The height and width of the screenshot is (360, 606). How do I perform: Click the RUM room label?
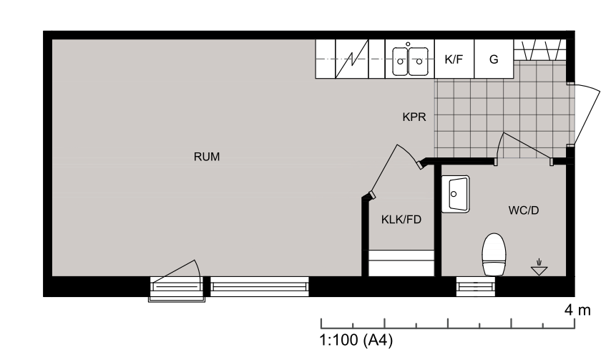pos(206,157)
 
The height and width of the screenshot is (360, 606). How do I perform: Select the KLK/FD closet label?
pos(401,220)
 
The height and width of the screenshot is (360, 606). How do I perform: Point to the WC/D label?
pos(522,211)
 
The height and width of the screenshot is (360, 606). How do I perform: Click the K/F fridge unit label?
pos(454,59)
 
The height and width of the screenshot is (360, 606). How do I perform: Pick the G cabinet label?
pos(494,59)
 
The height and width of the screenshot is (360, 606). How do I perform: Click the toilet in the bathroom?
pos(494,254)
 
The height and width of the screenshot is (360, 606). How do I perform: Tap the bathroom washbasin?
pos(456,193)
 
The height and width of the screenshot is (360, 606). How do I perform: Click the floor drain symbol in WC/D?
pos(539,268)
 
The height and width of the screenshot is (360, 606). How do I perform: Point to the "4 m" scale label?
pos(577,311)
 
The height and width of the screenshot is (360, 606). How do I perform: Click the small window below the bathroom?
pos(476,288)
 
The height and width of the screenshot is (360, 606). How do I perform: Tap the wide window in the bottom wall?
pos(259,287)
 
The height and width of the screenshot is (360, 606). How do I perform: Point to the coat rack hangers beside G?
pos(541,51)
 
